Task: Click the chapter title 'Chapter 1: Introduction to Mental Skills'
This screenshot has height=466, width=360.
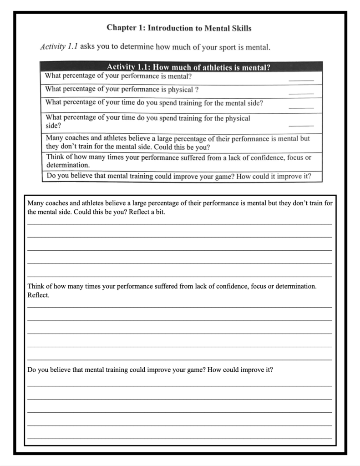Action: click(179, 28)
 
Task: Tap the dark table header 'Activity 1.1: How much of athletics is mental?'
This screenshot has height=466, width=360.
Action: click(188, 67)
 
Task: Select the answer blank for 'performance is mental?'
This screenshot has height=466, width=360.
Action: click(301, 80)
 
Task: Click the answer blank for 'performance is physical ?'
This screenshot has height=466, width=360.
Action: click(301, 93)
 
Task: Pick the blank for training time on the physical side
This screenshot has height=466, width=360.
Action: click(301, 124)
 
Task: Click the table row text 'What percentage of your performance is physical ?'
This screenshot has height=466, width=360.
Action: click(122, 89)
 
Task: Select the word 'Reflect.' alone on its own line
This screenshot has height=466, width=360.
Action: click(38, 295)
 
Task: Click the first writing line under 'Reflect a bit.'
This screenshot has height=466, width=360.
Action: click(179, 223)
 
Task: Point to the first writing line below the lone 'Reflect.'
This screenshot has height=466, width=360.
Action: click(179, 307)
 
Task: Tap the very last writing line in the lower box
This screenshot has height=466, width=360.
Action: click(179, 438)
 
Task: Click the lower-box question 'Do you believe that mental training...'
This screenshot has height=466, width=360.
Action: click(150, 370)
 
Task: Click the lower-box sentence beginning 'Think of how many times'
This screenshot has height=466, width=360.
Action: click(172, 286)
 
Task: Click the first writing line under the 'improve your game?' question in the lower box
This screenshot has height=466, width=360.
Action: click(179, 386)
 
